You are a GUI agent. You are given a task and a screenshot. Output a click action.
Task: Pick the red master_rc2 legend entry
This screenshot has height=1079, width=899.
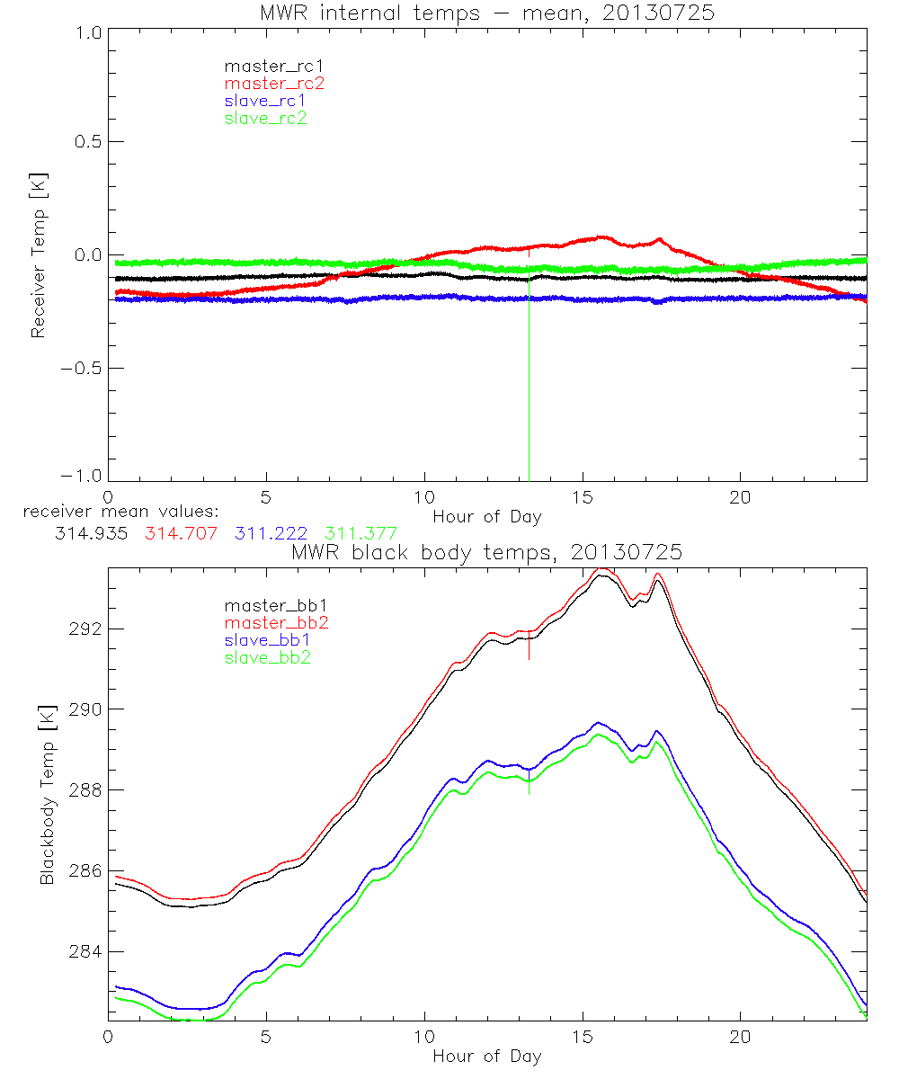point(274,83)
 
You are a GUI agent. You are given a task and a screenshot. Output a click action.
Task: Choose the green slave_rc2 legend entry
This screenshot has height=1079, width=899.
point(265,118)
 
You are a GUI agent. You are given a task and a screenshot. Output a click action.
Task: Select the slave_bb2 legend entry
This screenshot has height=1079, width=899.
point(261,658)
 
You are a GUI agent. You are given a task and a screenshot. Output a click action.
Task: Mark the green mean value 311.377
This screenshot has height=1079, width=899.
point(361,533)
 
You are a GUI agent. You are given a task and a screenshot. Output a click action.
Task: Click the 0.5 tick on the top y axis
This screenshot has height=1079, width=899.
point(85,141)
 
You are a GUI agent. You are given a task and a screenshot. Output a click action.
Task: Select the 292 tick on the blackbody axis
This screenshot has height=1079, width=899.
point(82,628)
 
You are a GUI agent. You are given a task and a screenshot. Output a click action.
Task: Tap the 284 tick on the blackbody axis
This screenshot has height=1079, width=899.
point(82,951)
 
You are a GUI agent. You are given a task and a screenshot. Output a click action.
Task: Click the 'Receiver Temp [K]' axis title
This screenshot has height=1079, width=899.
point(38,255)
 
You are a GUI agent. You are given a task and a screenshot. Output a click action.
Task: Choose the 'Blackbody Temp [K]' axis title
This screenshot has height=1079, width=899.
point(47,791)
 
